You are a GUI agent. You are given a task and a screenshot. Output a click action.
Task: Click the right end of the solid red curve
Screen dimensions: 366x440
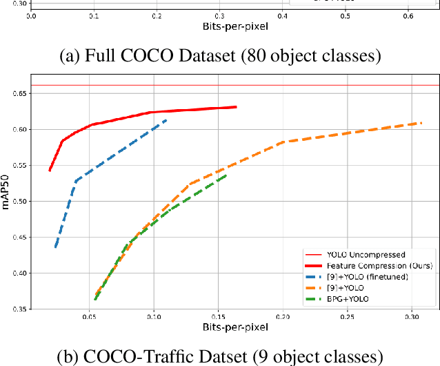236,107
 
